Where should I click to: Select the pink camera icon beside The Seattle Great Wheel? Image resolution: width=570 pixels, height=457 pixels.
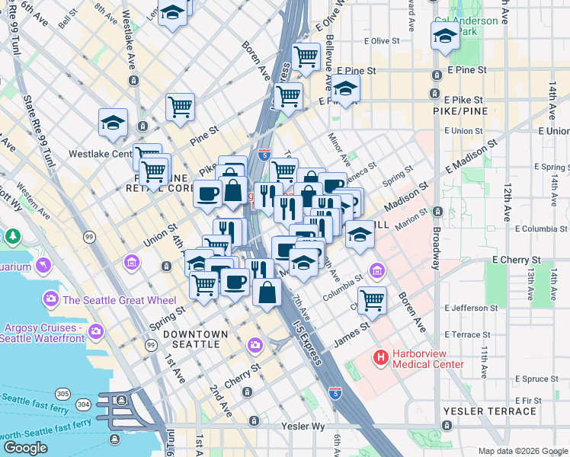pyautogui.click(x=51, y=299)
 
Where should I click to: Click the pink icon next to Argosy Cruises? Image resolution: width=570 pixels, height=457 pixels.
pyautogui.click(x=96, y=331)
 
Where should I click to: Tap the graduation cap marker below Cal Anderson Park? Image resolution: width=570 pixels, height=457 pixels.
pyautogui.click(x=446, y=35)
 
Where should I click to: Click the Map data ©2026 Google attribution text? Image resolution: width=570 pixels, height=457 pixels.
pyautogui.click(x=522, y=451)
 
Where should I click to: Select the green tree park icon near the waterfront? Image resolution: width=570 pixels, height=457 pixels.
pyautogui.click(x=12, y=237)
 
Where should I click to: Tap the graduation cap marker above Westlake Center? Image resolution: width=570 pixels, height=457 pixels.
pyautogui.click(x=113, y=123)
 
